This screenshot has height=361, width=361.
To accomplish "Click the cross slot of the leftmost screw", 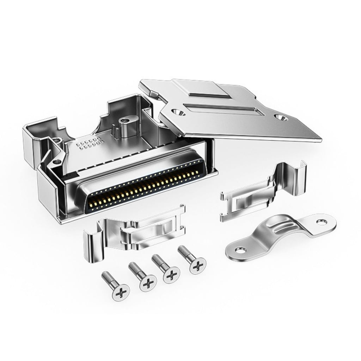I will pyautogui.click(x=120, y=291).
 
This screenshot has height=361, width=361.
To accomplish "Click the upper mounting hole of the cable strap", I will pyautogui.click(x=321, y=222).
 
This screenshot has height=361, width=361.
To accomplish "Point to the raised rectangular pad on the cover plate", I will pyautogui.click(x=207, y=92).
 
